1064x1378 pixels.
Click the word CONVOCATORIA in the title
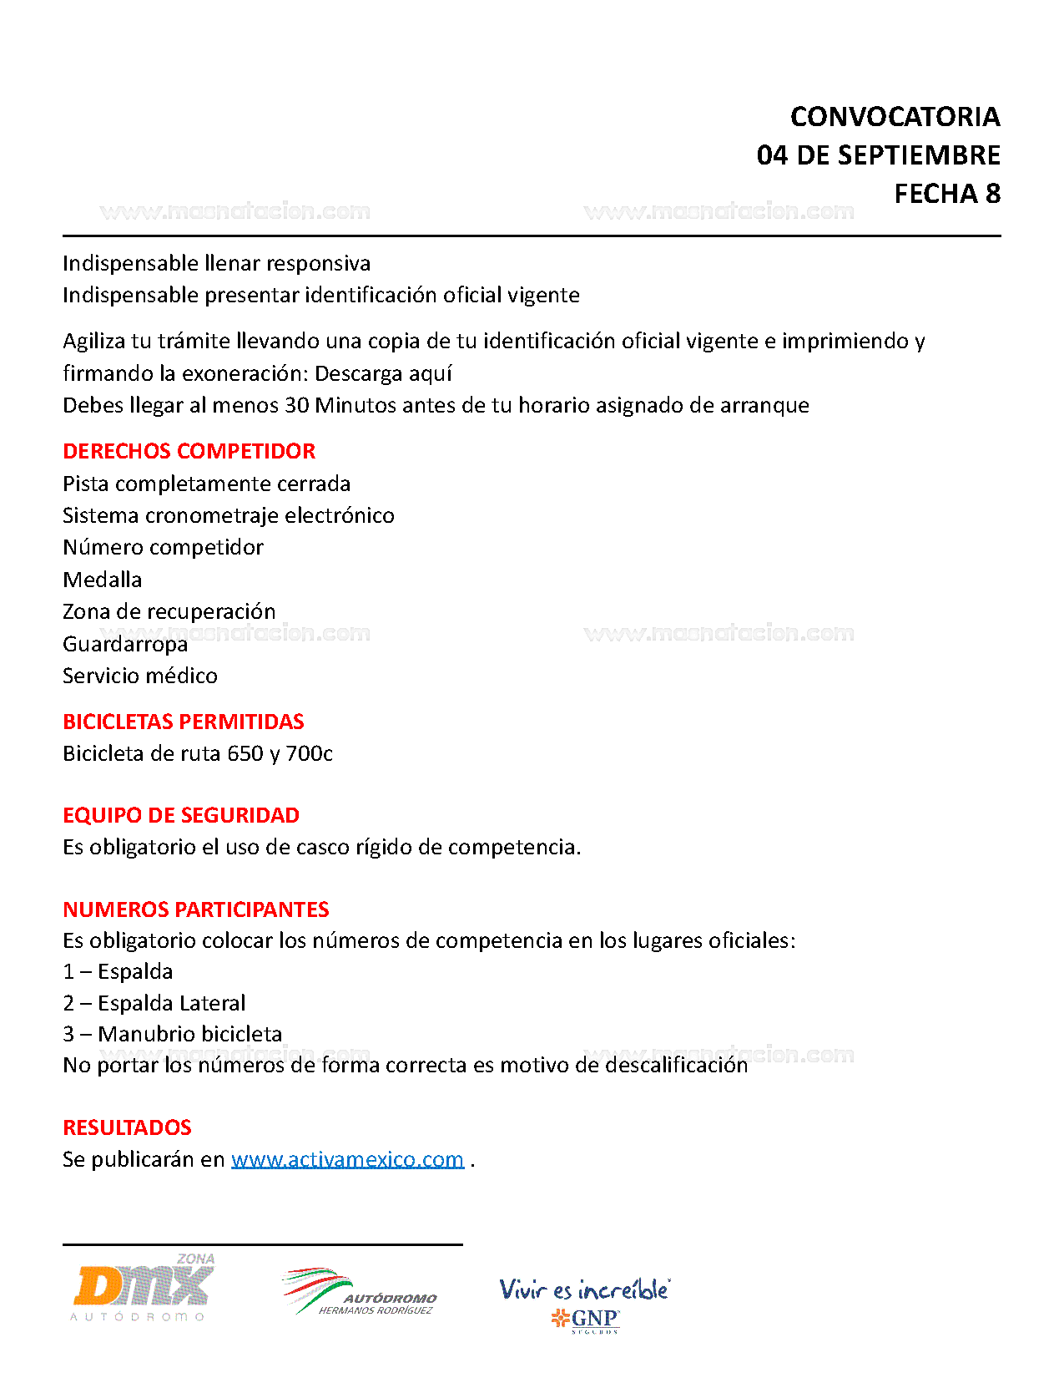(x=895, y=117)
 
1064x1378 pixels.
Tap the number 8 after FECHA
(x=992, y=194)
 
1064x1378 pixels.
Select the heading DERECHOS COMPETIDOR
(x=189, y=451)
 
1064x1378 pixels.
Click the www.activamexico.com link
(x=347, y=1159)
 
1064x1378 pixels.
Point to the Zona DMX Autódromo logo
(x=144, y=1288)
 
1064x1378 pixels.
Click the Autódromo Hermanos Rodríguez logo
(x=360, y=1293)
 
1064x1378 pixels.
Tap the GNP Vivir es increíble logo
(x=584, y=1303)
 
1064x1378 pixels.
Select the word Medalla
(x=103, y=580)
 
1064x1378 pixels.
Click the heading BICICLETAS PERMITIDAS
(x=184, y=722)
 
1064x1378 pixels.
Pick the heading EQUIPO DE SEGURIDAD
(x=181, y=815)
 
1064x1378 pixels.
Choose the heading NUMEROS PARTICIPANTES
(x=196, y=909)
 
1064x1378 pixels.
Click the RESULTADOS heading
(x=127, y=1127)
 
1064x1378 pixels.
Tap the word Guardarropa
(x=125, y=644)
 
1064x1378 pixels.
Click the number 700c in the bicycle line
(x=309, y=753)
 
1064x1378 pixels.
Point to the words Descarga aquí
(x=383, y=373)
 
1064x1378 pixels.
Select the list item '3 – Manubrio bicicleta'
(x=173, y=1034)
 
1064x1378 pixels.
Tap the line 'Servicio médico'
(x=140, y=676)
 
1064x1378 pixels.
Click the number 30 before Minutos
(x=297, y=405)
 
